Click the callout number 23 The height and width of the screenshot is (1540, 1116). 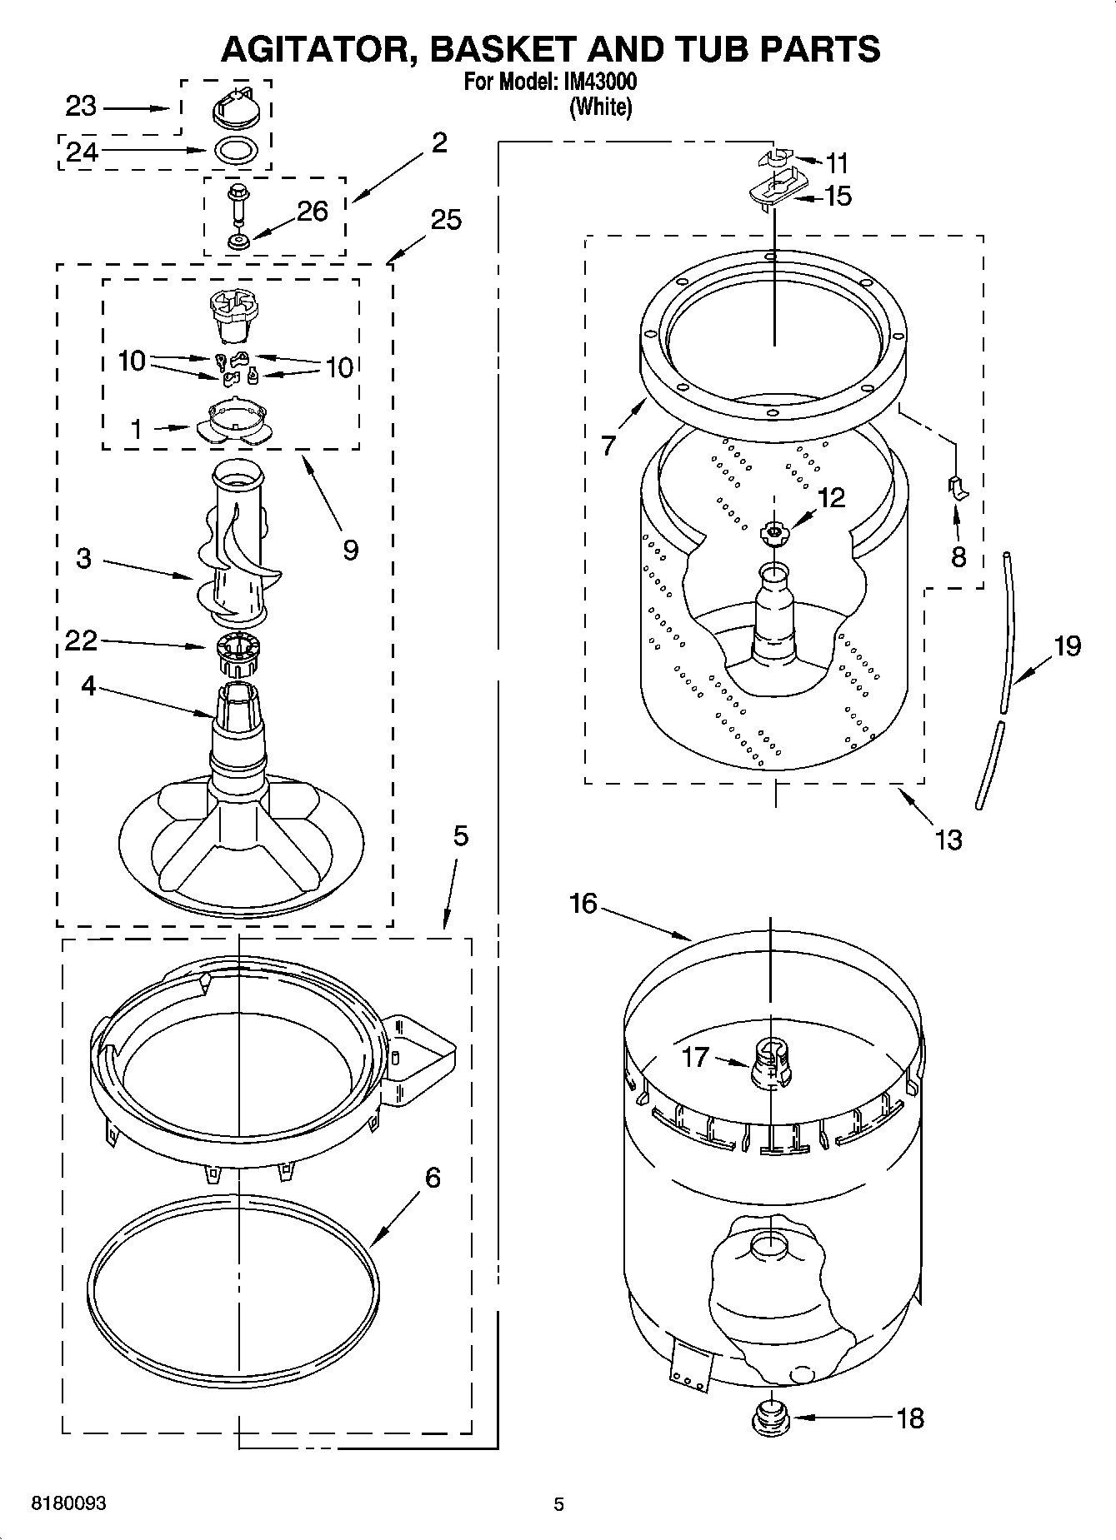coord(81,107)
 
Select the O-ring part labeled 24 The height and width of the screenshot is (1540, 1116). coord(236,151)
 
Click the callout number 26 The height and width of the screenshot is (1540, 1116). coord(313,212)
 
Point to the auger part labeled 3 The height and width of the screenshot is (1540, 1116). coord(238,546)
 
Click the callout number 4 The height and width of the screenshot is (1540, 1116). coord(88,686)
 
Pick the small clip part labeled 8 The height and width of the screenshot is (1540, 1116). coord(958,488)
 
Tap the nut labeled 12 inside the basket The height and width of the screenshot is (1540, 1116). coord(775,531)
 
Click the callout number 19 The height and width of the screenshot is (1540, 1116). coord(1066,645)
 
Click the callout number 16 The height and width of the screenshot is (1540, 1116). coord(583,903)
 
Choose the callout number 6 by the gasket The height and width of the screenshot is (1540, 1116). coord(433,1178)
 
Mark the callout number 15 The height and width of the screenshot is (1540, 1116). coord(838,197)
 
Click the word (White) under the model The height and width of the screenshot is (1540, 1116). coord(600,107)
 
